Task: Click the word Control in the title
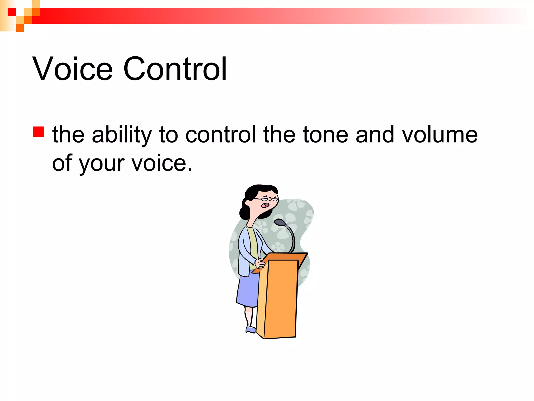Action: [175, 69]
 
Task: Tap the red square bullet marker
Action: [38, 132]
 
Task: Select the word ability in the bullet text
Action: [122, 135]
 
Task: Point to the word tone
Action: [325, 135]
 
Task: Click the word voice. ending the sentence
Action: [162, 163]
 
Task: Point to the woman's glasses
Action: [266, 199]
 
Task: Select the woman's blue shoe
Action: [251, 330]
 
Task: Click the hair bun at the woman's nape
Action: [244, 213]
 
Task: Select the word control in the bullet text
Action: [221, 135]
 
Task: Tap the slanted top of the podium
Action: [284, 260]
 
